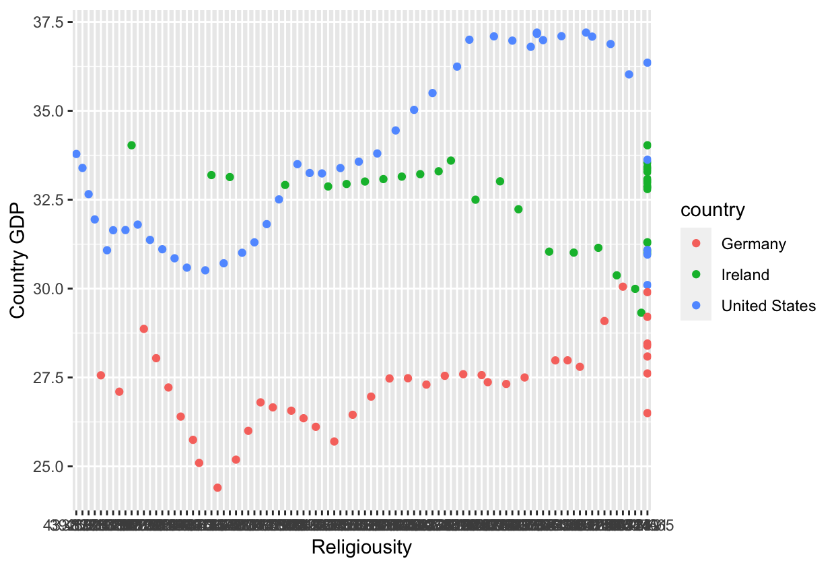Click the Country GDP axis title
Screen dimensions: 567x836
18,263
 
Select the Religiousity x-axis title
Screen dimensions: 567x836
361,547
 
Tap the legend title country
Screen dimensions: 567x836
713,211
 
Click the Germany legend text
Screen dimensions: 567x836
753,244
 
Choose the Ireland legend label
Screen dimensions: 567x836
745,275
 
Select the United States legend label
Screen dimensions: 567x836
768,306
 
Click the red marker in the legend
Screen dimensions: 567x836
696,243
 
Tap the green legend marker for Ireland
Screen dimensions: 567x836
696,274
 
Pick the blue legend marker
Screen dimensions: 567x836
696,305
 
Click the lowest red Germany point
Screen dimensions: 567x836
217,488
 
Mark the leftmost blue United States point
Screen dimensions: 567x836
76,154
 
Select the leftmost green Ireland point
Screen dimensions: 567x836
131,145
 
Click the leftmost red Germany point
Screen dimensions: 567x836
101,375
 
